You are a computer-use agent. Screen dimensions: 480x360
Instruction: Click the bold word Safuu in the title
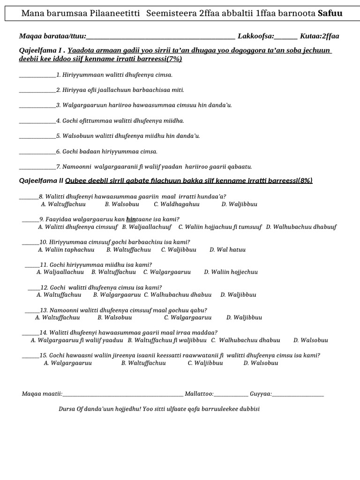pyautogui.click(x=330, y=13)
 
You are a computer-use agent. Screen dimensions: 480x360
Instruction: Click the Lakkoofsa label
pyautogui.click(x=256, y=36)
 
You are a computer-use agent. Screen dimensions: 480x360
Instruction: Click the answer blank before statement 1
pyautogui.click(x=37, y=75)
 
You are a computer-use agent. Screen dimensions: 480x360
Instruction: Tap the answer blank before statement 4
pyautogui.click(x=37, y=121)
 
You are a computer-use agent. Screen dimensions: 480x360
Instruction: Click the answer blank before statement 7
pyautogui.click(x=37, y=166)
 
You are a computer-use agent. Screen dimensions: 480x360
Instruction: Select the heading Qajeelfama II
pyautogui.click(x=41, y=180)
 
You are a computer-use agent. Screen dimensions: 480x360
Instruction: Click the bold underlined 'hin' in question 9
pyautogui.click(x=131, y=219)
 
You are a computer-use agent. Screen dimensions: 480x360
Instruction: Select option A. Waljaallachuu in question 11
pyautogui.click(x=60, y=272)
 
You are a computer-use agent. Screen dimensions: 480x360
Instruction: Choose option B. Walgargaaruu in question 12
pyautogui.click(x=117, y=295)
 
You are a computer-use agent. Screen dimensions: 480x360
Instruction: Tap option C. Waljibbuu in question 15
pyautogui.click(x=205, y=363)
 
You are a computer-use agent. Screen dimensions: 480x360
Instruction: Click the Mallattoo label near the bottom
pyautogui.click(x=200, y=394)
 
